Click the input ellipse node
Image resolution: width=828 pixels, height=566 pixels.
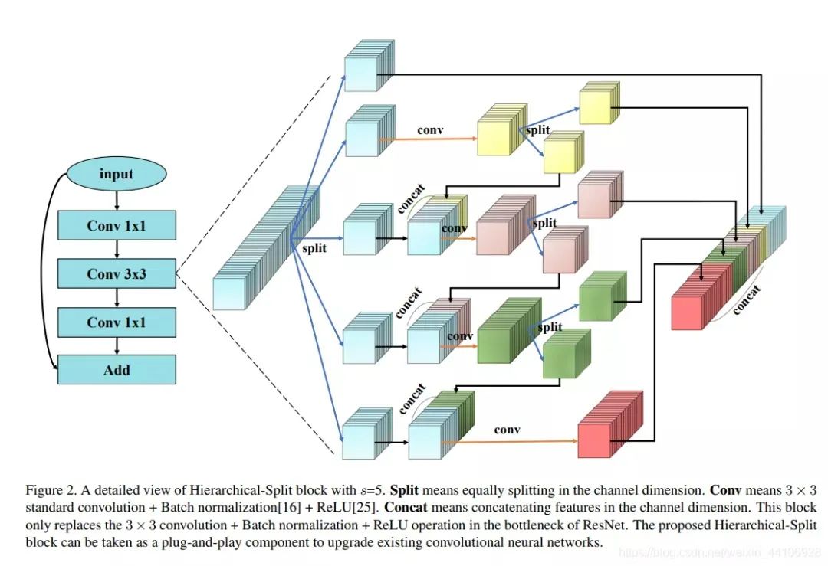coord(117,174)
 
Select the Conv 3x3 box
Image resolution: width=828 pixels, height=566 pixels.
coord(117,273)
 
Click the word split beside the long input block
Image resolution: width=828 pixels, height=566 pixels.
coord(313,248)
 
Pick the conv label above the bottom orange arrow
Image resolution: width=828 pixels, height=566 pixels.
coord(507,430)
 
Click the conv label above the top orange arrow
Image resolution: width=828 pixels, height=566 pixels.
coord(430,129)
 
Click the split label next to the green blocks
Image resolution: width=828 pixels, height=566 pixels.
coord(550,327)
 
